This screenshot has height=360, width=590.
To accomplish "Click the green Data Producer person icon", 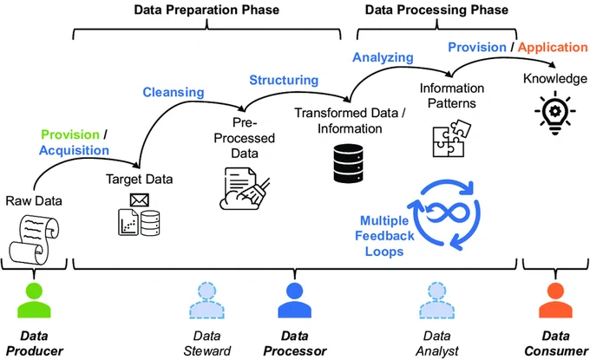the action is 34,300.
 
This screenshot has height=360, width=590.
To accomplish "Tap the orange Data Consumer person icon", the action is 555,300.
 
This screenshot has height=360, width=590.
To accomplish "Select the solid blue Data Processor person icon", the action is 295,300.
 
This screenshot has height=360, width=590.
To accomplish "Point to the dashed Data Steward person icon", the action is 206,300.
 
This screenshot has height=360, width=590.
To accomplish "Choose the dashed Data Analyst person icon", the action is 436,300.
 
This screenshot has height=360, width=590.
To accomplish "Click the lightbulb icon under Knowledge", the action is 555,112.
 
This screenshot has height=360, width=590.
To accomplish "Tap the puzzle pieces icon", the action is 451,138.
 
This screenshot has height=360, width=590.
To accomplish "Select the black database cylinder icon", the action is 348,163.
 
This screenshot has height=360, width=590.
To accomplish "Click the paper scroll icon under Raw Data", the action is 34,239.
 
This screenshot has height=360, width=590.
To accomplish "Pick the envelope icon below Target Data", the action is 139,200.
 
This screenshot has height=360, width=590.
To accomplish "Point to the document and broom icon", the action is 245,188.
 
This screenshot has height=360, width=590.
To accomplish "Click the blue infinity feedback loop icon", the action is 444,214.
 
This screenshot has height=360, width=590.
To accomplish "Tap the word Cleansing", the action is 174,92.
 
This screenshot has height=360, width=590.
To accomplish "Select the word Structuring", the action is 284,80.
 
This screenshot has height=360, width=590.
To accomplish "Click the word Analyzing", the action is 383,57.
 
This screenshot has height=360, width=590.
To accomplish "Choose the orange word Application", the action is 553,47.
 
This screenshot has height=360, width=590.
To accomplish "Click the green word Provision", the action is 70,134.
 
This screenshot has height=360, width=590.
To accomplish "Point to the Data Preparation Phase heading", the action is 206,10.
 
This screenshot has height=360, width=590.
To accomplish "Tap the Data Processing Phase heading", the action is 436,10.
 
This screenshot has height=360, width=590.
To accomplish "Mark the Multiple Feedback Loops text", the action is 384,236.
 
